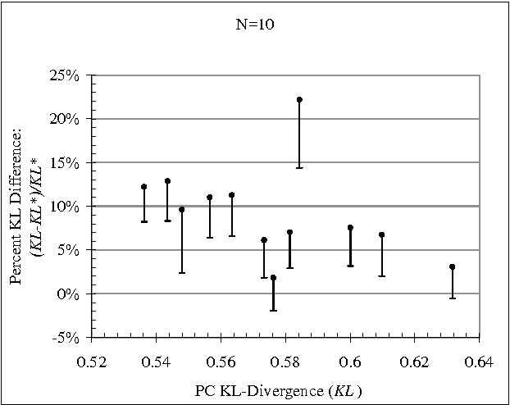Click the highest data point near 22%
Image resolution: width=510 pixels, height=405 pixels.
pyautogui.click(x=299, y=100)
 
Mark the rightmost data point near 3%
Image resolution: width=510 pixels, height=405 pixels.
pyautogui.click(x=452, y=266)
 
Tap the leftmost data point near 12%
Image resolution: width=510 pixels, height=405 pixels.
pyautogui.click(x=143, y=187)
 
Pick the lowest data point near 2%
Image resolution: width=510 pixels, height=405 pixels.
pyautogui.click(x=273, y=277)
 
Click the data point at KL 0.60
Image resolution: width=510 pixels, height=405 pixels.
pyautogui.click(x=350, y=227)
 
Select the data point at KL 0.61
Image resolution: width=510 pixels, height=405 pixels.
pyautogui.click(x=382, y=234)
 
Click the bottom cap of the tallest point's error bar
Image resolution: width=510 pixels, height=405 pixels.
pyautogui.click(x=299, y=167)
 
